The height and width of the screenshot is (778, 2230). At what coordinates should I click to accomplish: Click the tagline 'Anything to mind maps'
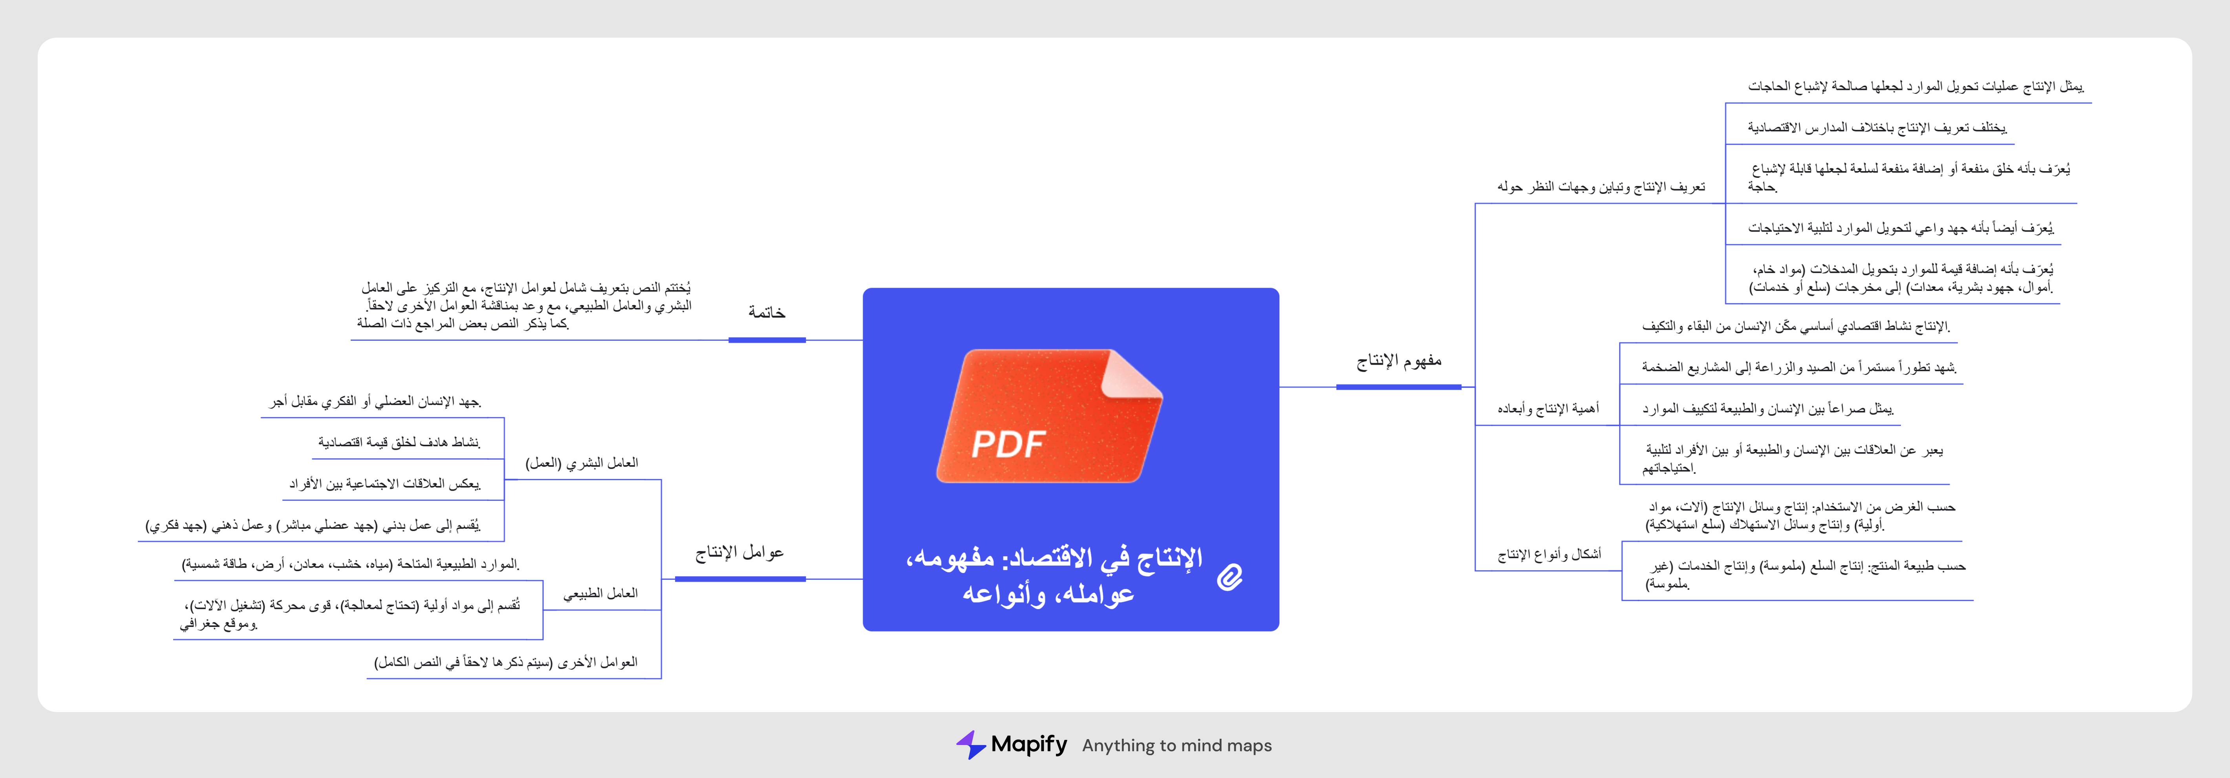(1176, 745)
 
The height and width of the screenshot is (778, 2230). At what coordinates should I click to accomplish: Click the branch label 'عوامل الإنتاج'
(739, 552)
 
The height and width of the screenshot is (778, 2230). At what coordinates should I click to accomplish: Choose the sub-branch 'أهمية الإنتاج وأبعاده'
(1549, 409)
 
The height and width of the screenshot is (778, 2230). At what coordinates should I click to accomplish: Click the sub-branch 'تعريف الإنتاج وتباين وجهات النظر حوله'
(1601, 187)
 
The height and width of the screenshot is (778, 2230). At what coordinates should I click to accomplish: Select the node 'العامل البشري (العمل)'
(582, 463)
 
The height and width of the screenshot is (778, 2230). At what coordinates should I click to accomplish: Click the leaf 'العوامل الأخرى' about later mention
(505, 662)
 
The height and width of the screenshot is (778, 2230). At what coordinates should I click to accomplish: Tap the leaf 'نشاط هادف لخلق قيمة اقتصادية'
(399, 442)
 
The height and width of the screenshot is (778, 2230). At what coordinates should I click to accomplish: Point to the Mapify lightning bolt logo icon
(970, 744)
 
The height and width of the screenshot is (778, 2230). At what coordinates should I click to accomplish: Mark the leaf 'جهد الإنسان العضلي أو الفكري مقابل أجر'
(375, 402)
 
